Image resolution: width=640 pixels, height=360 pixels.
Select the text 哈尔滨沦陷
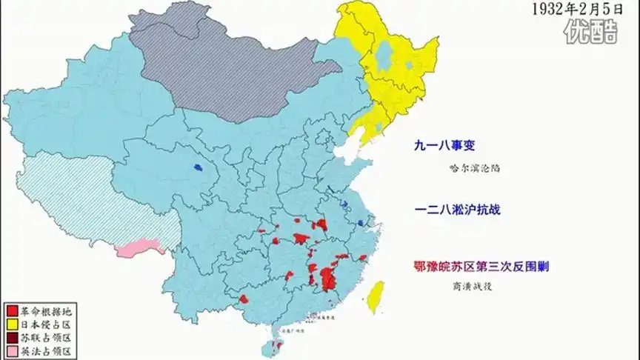475,167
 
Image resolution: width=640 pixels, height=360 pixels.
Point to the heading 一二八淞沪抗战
458,210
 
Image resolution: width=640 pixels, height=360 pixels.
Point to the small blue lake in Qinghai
199,168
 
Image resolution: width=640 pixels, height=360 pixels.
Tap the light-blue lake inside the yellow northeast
384,55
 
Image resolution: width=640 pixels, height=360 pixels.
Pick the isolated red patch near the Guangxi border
244,299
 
